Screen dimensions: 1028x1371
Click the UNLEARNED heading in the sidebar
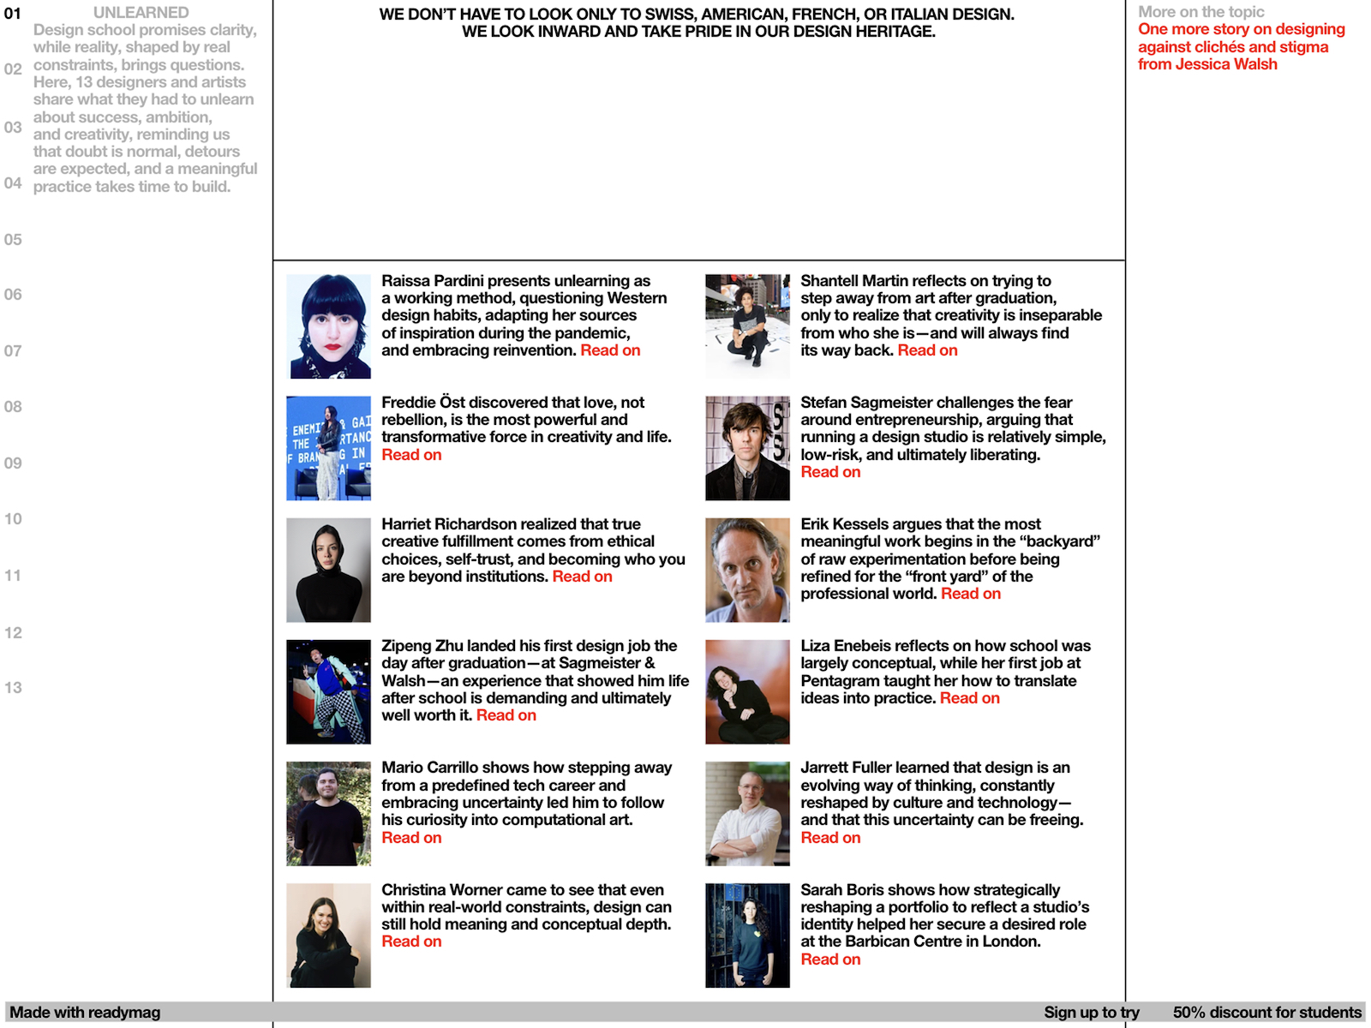[141, 13]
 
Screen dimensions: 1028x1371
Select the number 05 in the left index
[13, 240]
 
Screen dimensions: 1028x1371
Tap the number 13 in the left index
[13, 688]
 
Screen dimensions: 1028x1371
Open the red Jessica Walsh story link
[1240, 47]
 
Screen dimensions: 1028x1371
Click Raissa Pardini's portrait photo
[328, 326]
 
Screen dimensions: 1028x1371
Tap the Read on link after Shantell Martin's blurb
[927, 350]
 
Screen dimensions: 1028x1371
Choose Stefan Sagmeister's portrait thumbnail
[747, 448]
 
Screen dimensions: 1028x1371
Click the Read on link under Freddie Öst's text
[411, 455]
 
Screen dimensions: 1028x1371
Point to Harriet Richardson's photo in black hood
[328, 570]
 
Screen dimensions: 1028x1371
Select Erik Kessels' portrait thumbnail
[747, 570]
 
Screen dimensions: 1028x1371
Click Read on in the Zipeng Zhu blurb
[506, 715]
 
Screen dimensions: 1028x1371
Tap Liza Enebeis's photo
[747, 691]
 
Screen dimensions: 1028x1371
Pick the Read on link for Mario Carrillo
[411, 838]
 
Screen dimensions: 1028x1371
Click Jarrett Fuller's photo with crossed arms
[747, 814]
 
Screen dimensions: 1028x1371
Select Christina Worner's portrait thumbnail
[328, 935]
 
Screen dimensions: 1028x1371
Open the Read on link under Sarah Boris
[830, 959]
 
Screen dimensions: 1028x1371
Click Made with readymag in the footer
[85, 1013]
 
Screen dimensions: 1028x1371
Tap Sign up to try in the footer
[1091, 1013]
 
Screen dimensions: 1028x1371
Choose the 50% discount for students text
[1266, 1013]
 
